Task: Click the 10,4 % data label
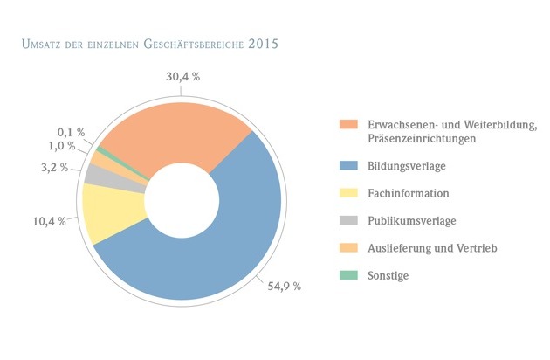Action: pos(50,221)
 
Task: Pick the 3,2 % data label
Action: pos(55,167)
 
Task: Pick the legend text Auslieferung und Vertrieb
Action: pos(433,249)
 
